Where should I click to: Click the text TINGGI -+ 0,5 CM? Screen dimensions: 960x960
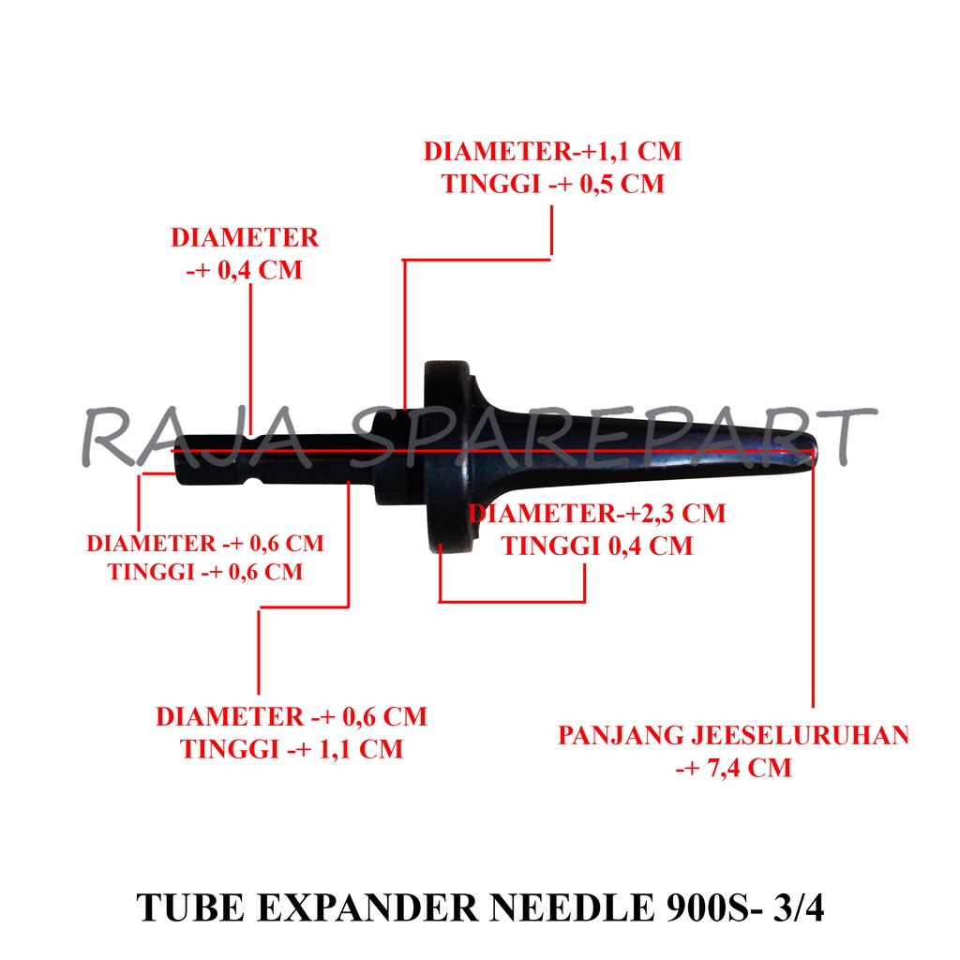click(x=553, y=184)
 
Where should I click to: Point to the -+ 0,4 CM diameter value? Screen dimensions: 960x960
click(x=245, y=270)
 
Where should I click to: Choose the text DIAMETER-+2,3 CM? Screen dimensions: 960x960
click(x=598, y=514)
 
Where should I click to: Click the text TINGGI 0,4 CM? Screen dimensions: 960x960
click(x=597, y=546)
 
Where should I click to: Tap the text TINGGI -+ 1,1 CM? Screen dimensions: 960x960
click(x=292, y=750)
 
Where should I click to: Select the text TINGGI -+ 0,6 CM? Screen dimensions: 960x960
click(x=205, y=571)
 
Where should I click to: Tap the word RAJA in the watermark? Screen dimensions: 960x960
click(x=179, y=437)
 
